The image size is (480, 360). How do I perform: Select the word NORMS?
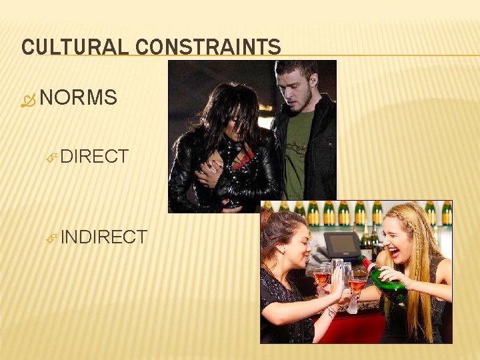[x=79, y=98]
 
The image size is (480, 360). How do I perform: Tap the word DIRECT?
[x=94, y=157]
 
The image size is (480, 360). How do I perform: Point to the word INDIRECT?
[x=103, y=237]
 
